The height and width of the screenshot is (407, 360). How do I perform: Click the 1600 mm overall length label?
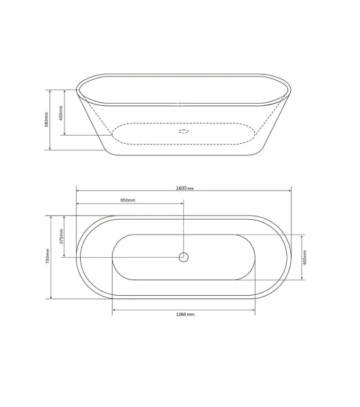pos(184,188)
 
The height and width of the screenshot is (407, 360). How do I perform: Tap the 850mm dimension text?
pos(127,200)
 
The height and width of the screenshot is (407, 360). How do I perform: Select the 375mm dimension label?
pos(62,237)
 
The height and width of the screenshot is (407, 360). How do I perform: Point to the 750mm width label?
pos(47,256)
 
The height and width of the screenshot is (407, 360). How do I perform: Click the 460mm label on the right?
pos(305,258)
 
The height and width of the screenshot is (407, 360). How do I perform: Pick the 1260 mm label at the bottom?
pos(185,315)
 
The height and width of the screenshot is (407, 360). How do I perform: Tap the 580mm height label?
pos(46,119)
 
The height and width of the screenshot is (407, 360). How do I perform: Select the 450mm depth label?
pos(61,113)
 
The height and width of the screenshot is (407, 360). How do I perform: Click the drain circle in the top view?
pos(183,257)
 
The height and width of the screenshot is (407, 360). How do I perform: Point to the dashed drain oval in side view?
pos(183,131)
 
